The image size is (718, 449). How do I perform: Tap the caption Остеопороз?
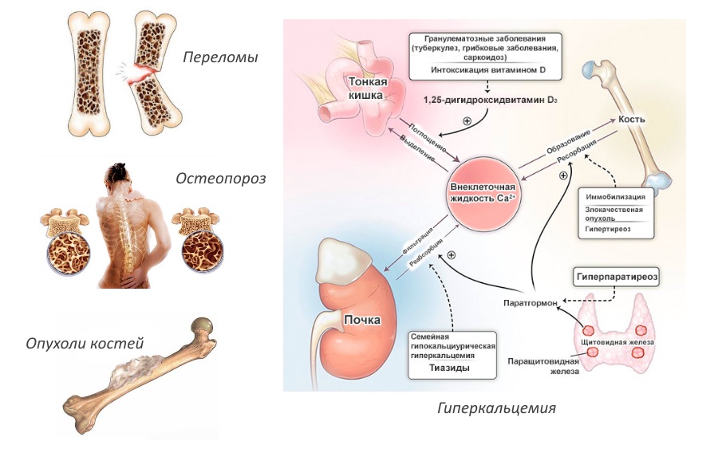[221, 178]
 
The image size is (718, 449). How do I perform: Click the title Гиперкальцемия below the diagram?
[496, 408]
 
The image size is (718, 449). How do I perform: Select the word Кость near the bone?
[631, 120]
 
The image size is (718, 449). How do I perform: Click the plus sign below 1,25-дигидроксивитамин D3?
[467, 121]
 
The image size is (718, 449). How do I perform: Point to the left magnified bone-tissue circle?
[61, 246]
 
